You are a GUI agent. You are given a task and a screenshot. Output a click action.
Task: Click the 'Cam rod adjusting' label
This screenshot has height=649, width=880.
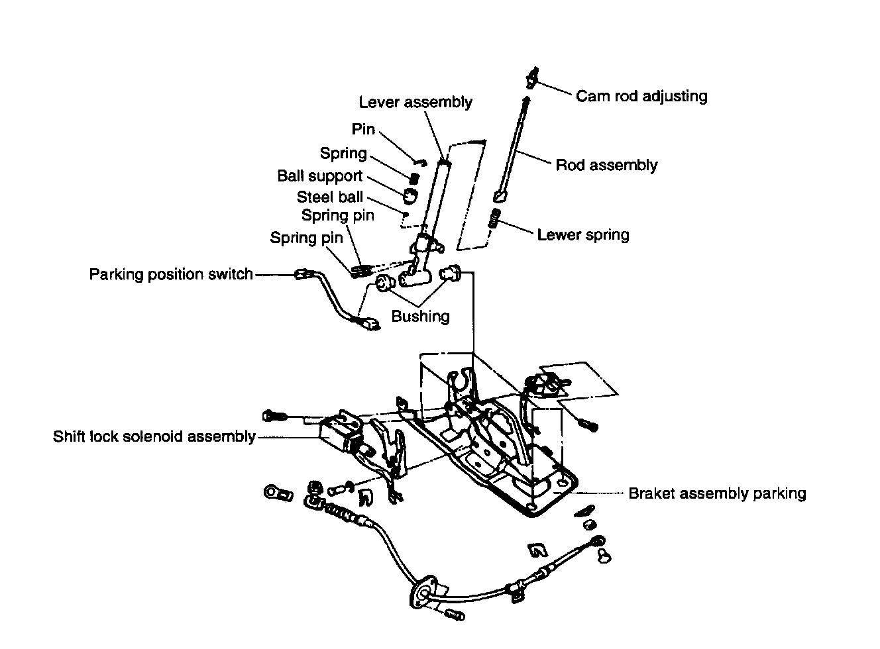(x=641, y=96)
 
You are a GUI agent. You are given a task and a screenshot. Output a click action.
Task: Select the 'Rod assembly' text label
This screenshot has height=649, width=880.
(x=606, y=165)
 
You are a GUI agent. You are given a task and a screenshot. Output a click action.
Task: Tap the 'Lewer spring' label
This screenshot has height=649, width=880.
(x=583, y=234)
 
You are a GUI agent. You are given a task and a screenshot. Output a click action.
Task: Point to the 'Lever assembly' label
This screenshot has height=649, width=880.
(x=415, y=102)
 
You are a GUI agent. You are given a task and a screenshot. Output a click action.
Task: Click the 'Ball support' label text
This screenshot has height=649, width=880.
(x=319, y=176)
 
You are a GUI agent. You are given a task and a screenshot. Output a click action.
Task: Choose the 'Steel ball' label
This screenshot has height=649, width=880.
(x=329, y=197)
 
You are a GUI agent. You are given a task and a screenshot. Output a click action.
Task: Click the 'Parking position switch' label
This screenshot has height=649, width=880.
(x=171, y=274)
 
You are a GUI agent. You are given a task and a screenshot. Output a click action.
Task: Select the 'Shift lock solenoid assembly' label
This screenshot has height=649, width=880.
(x=154, y=437)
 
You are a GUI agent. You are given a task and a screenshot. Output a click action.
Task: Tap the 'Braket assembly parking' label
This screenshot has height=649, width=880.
(x=717, y=493)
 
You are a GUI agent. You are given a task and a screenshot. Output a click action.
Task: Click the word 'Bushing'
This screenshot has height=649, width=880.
(x=420, y=317)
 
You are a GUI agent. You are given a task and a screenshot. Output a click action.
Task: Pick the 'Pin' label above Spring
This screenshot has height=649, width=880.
(x=363, y=130)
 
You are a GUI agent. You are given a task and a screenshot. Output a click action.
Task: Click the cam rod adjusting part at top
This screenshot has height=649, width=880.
(x=531, y=77)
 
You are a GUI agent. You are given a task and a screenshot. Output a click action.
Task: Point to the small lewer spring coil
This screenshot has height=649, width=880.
(x=493, y=218)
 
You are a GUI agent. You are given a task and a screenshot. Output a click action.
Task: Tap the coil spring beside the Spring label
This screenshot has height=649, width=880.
(x=414, y=177)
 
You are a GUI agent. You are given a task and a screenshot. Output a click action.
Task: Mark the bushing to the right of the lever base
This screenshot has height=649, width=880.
(x=452, y=272)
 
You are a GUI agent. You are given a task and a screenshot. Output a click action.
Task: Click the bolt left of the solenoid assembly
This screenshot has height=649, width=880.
(x=274, y=415)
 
